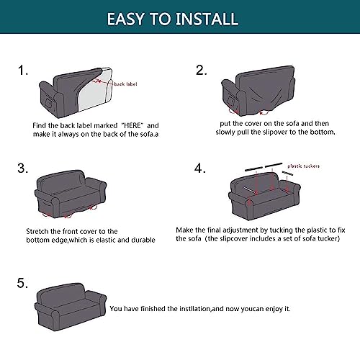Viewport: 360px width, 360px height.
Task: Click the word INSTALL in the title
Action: (x=207, y=19)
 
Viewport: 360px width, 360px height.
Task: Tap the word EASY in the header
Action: (x=126, y=19)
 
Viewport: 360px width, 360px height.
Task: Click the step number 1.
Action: (x=23, y=71)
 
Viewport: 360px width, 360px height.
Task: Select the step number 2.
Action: (x=201, y=71)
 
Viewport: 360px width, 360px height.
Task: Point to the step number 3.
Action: (x=22, y=168)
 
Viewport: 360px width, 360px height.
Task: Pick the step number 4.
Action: (x=200, y=168)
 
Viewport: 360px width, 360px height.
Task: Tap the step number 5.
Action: (x=22, y=283)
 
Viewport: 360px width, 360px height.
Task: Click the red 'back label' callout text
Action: (x=125, y=84)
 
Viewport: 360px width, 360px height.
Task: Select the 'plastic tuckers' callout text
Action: (x=304, y=166)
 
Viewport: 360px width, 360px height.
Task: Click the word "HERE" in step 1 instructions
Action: (x=132, y=125)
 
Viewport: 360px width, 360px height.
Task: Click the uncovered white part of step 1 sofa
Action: (x=94, y=92)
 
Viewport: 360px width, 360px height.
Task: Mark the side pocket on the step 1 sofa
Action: (x=48, y=102)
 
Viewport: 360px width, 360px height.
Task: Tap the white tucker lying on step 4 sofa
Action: (x=250, y=190)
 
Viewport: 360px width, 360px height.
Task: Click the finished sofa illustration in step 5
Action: (x=71, y=307)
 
